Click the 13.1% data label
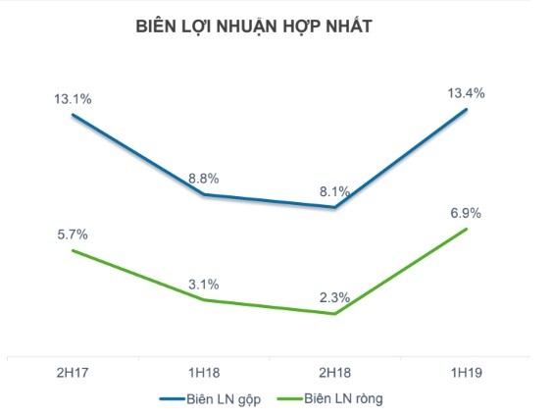74,99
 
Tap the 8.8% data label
204,179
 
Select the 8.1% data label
335,191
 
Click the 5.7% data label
74,235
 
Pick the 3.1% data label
204,284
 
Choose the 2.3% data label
335,298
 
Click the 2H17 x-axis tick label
74,374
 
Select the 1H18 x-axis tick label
204,374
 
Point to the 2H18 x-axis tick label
335,374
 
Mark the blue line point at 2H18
335,207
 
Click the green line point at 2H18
335,314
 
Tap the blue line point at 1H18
204,194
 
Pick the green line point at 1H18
204,299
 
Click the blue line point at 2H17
74,115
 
